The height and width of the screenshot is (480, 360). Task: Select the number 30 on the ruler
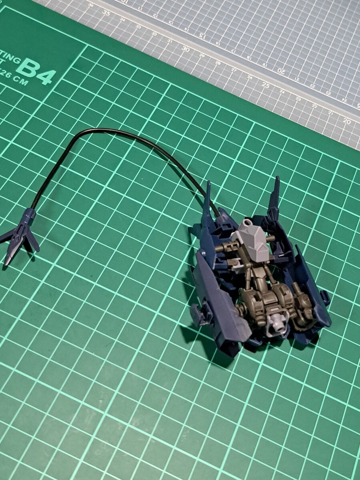click(185, 49)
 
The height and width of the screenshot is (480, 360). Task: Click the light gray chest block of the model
click(254, 240)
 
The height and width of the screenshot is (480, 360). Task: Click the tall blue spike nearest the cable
click(207, 204)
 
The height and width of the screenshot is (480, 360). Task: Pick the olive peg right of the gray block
click(272, 238)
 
